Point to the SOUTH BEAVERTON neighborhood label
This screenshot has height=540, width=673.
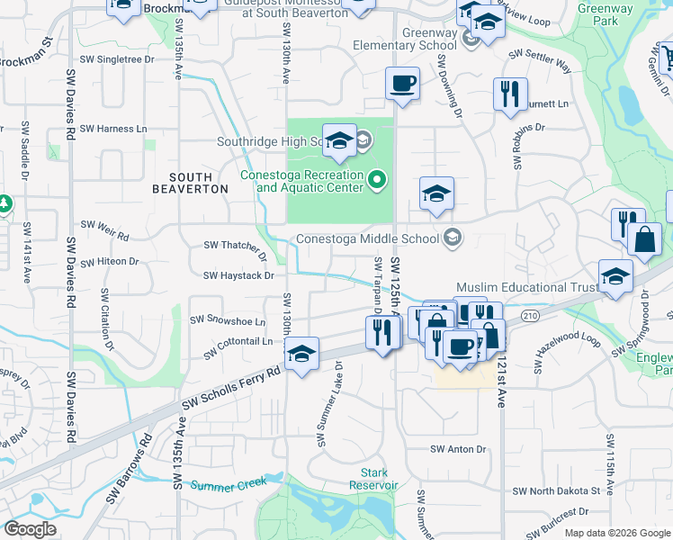point(198,183)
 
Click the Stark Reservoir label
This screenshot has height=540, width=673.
point(373,479)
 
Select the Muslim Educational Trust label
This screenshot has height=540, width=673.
point(526,287)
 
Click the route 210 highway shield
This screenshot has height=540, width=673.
point(530,315)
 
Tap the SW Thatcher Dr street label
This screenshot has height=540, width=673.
point(232,245)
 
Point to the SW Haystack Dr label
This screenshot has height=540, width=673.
point(238,275)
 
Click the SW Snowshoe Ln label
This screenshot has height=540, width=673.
point(228,320)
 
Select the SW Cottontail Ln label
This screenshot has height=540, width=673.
point(238,343)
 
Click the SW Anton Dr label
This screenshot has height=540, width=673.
point(457,449)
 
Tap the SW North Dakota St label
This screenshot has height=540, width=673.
point(555,491)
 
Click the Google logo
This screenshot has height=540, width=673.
point(31,529)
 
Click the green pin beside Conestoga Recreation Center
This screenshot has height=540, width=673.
point(378,182)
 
